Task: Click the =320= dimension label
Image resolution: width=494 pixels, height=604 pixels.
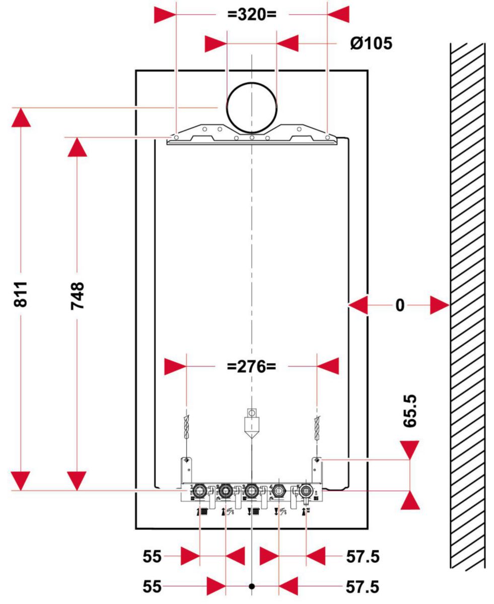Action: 252,14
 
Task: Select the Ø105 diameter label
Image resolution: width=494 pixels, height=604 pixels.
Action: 371,43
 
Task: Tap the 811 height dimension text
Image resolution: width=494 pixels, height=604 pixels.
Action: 21,294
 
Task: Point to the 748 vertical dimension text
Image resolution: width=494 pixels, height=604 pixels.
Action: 78,296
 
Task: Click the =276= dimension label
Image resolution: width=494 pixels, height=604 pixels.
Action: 251,366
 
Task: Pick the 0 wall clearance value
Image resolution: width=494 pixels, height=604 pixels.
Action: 400,306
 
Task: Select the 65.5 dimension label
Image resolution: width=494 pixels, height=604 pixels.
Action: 410,411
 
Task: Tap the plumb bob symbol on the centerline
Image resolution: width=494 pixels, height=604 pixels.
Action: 252,423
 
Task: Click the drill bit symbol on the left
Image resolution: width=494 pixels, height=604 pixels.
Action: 186,427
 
